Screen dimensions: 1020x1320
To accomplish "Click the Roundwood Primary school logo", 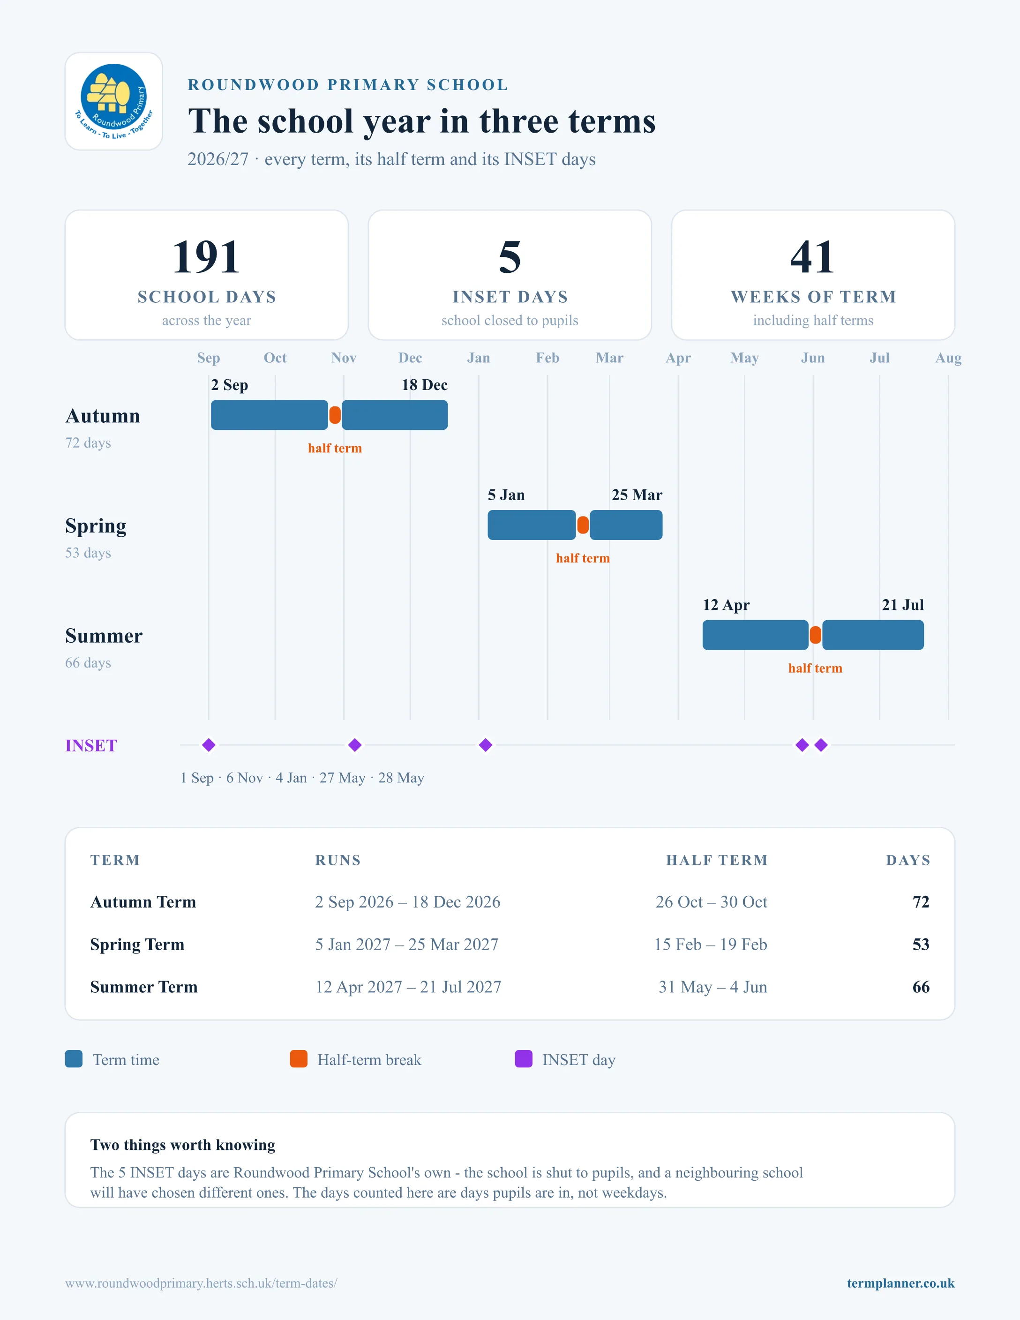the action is point(113,101).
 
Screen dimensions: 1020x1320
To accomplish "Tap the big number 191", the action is point(206,257).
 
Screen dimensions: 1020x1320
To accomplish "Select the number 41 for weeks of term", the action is point(813,257).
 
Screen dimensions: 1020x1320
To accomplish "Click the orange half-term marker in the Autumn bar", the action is point(335,415).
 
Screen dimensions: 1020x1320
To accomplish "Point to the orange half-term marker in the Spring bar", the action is point(583,525).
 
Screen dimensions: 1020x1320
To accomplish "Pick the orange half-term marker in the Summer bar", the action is point(815,635).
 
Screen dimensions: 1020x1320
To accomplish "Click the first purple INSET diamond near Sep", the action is point(209,745).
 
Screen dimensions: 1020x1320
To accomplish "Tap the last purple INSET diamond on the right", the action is point(821,745).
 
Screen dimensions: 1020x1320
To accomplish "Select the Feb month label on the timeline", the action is point(547,358).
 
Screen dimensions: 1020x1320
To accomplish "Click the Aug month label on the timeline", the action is point(948,358).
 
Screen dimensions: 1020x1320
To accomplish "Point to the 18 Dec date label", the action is point(424,385).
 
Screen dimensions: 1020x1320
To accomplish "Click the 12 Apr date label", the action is point(726,605).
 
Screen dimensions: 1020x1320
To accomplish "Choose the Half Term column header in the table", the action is point(717,860).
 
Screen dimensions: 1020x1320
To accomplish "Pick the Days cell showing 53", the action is point(920,944).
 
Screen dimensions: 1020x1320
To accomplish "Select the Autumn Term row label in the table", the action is point(143,902).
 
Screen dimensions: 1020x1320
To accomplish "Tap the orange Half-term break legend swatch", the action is point(299,1059).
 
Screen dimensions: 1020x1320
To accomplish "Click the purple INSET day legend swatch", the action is point(523,1059).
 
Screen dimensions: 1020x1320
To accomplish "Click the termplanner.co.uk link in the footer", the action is point(900,1283).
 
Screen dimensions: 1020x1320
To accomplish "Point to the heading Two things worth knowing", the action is point(182,1145).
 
